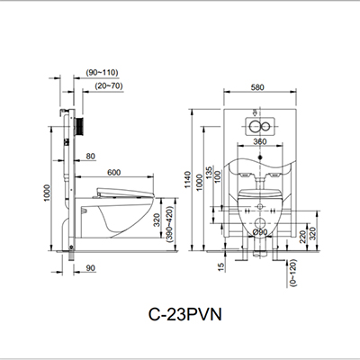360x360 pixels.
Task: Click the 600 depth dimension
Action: pos(113,173)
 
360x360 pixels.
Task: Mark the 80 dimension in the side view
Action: pos(91,156)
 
